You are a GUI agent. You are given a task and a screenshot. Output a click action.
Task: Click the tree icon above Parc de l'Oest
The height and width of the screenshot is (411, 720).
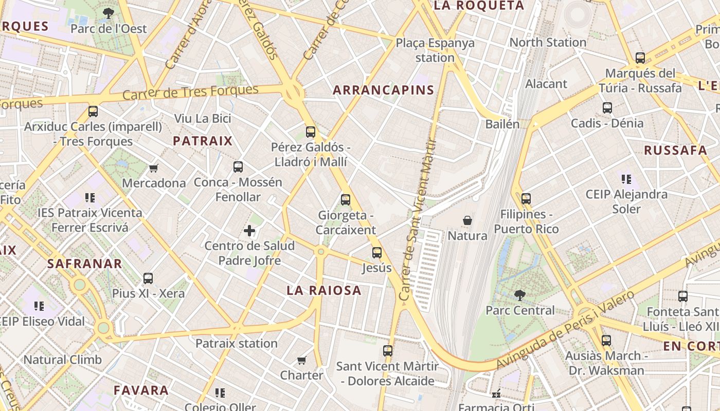point(109,13)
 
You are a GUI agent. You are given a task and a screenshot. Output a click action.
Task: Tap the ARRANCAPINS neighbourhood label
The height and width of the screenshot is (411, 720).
point(384,90)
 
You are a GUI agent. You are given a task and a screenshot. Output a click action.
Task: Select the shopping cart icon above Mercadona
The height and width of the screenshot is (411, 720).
point(153,168)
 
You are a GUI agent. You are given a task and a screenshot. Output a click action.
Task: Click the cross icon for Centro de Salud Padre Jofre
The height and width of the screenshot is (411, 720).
point(249,231)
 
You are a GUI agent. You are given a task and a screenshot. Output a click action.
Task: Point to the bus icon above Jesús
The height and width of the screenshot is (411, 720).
point(377,253)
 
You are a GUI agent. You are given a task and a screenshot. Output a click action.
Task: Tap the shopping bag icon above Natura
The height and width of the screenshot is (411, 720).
point(467,220)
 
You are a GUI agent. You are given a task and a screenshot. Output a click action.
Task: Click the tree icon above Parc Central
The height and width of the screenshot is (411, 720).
point(520,295)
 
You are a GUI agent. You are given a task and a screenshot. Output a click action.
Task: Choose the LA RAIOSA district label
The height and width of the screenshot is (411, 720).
point(324,290)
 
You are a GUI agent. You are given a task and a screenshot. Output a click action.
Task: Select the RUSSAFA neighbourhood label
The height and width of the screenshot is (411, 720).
point(675,151)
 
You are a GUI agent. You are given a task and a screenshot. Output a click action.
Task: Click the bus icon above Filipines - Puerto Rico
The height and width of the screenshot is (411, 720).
point(526,199)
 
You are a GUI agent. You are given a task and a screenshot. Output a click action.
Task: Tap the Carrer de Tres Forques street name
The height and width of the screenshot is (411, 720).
point(190,92)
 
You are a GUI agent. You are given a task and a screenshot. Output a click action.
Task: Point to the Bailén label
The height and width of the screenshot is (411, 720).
point(502,124)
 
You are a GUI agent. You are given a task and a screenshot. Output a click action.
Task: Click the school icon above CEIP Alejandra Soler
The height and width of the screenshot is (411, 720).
point(626,179)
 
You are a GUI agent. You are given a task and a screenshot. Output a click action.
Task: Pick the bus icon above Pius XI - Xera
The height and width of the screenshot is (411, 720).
point(148,278)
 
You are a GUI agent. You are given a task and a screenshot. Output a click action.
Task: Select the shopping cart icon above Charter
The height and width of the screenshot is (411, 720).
point(302,360)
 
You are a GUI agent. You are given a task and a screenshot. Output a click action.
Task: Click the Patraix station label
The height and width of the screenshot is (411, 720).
point(237,343)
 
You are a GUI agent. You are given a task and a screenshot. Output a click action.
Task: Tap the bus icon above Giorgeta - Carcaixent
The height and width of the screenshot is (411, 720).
point(346,200)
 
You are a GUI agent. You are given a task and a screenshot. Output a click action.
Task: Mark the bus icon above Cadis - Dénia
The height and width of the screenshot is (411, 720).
point(607,108)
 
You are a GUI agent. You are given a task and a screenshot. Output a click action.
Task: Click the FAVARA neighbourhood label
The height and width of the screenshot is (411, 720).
point(141,390)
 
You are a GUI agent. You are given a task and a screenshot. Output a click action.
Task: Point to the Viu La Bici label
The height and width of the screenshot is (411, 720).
point(203,119)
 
